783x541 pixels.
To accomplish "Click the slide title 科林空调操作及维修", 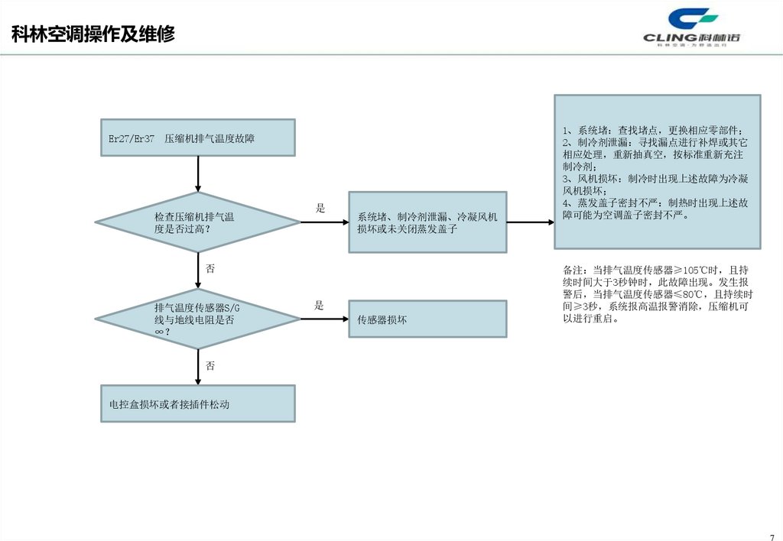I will click(93, 34).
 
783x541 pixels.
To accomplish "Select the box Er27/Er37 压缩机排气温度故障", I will click(198, 138).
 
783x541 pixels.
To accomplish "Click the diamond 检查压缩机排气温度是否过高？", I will click(198, 222).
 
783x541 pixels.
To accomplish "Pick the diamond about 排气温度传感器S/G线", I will click(198, 319).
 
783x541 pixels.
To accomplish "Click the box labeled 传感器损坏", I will click(427, 319).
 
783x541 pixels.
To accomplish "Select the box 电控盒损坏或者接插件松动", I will click(198, 403).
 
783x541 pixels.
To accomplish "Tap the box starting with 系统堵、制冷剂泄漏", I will click(427, 222).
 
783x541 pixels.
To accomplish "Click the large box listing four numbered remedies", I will click(657, 171).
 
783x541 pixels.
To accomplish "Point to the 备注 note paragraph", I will click(657, 294).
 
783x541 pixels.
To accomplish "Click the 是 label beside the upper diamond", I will click(320, 208).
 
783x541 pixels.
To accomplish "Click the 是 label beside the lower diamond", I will click(320, 305).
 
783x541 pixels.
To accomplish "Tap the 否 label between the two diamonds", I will click(210, 269).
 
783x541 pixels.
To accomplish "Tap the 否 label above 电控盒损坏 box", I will click(210, 366).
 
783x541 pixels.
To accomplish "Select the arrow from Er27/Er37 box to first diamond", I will click(198, 174).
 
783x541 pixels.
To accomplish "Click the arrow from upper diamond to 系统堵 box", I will click(324, 222).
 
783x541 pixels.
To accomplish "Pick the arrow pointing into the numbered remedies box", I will click(530, 222).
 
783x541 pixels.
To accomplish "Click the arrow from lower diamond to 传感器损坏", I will click(324, 319).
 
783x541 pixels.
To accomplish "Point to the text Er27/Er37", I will click(132, 139).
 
